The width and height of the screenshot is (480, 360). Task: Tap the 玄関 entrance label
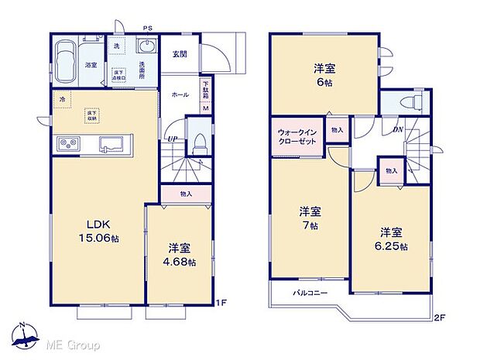(180, 53)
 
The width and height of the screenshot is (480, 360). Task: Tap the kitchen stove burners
(68, 144)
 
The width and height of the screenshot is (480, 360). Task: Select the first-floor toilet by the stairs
(198, 142)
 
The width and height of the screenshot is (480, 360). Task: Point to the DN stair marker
(398, 129)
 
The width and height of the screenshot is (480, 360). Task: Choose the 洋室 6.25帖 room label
(392, 238)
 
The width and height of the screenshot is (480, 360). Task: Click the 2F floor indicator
(438, 317)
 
